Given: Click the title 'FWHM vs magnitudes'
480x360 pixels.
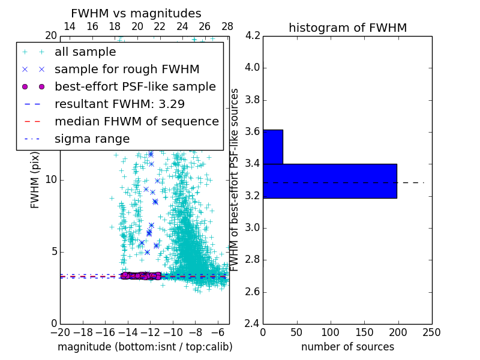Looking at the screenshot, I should coord(136,13).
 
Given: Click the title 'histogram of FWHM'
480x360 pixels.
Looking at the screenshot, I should coord(347,28).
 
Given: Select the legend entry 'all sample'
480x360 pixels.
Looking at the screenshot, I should coord(85,52).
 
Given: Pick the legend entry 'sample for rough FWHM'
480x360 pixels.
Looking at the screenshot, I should coord(114,69).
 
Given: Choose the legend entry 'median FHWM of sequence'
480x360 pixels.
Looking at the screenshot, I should coord(136,121).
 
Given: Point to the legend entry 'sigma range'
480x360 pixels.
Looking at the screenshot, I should coord(92,139).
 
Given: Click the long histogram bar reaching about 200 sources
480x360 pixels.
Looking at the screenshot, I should coord(329,181).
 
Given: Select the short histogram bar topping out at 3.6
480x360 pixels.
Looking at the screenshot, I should coord(272,146).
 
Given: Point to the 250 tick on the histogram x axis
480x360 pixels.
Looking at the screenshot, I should coord(431,332).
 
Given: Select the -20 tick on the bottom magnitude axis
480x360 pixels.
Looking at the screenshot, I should coord(60,332).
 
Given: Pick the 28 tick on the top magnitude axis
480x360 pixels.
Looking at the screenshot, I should coord(227,26).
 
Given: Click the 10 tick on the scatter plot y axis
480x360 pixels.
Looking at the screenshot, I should coord(51,180).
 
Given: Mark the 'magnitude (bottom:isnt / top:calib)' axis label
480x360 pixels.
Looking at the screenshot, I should coord(145,347).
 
